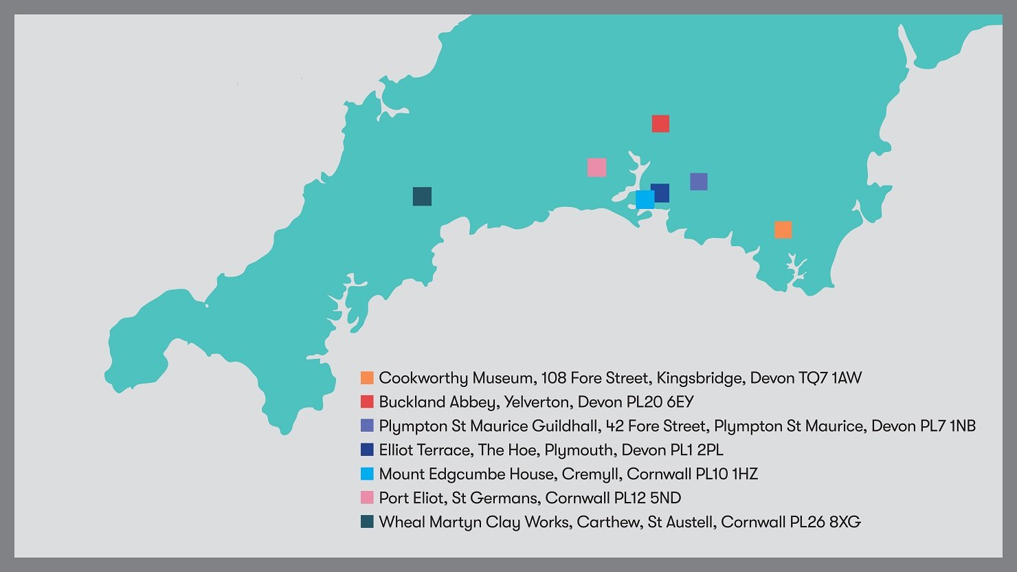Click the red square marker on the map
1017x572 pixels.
click(x=660, y=124)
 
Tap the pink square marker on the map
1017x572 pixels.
click(x=596, y=167)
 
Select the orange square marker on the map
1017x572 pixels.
click(x=783, y=230)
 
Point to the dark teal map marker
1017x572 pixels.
click(x=422, y=197)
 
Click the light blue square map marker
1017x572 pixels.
click(x=644, y=200)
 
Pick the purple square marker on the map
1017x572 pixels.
click(x=699, y=181)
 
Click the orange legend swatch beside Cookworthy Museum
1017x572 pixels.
click(x=367, y=378)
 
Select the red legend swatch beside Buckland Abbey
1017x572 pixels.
click(x=367, y=402)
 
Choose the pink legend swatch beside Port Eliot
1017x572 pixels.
click(x=367, y=498)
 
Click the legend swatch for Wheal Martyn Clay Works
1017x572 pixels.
click(x=367, y=522)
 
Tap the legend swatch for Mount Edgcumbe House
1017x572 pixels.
click(x=367, y=474)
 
